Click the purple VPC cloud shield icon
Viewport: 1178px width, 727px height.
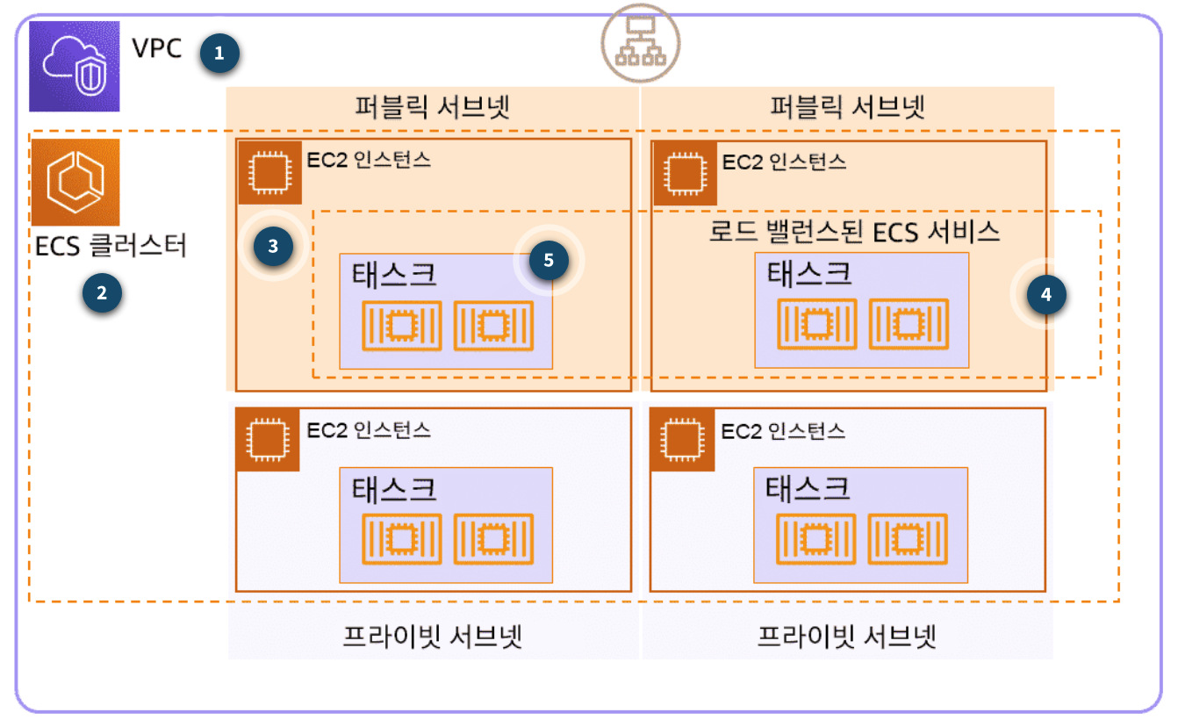click(x=74, y=66)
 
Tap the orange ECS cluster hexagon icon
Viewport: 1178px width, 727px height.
click(x=75, y=182)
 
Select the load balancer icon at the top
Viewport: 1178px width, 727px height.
click(x=640, y=43)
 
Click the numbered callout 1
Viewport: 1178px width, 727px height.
click(x=219, y=54)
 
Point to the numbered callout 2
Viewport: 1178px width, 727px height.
click(x=102, y=293)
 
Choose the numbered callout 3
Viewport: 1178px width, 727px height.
click(x=273, y=246)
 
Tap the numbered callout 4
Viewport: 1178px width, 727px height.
click(x=1046, y=295)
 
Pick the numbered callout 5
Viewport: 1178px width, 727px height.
click(x=549, y=260)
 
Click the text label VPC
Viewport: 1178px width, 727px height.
click(x=157, y=48)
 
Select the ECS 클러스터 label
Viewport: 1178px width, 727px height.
click(x=111, y=246)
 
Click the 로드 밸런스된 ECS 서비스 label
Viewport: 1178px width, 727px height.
click(x=855, y=232)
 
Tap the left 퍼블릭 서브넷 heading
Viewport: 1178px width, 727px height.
click(x=432, y=107)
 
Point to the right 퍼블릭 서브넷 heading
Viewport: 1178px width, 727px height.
click(x=847, y=107)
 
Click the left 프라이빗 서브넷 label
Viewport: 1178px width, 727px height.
click(x=432, y=637)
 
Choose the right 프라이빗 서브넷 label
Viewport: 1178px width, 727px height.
click(x=847, y=637)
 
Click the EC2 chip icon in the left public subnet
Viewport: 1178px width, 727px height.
click(x=269, y=172)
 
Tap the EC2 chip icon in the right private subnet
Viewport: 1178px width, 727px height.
click(x=682, y=439)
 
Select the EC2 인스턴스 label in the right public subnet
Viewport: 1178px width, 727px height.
click(x=784, y=162)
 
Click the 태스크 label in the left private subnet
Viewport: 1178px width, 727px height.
click(x=394, y=489)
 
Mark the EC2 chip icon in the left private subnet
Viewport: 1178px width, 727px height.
click(x=268, y=439)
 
